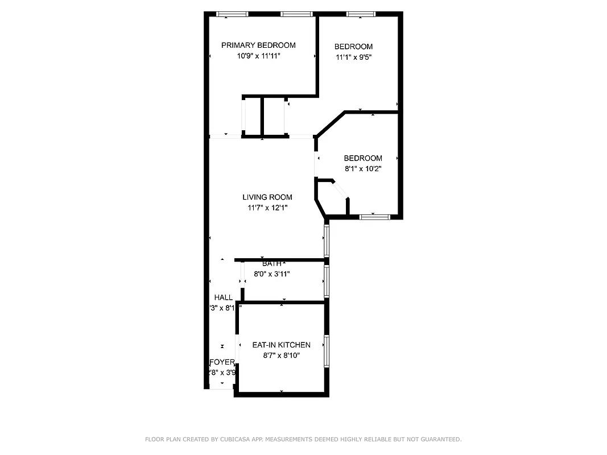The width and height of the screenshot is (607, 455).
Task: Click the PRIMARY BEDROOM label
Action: coord(258,45)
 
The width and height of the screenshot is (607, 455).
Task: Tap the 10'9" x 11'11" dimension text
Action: coord(258,56)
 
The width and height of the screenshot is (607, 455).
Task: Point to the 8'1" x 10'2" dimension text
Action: coord(362,168)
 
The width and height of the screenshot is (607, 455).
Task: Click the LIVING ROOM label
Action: coord(267,197)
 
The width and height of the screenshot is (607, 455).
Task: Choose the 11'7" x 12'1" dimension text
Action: coord(267,208)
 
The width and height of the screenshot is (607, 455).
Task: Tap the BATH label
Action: coord(271,264)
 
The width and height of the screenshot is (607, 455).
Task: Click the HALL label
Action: coord(224,297)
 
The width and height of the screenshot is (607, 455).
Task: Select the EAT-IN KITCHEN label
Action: coord(282,345)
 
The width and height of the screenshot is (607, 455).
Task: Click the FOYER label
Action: coord(222,362)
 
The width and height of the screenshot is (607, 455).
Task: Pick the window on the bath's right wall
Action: coord(327,282)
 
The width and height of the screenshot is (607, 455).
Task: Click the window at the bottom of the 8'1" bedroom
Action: coord(374,217)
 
